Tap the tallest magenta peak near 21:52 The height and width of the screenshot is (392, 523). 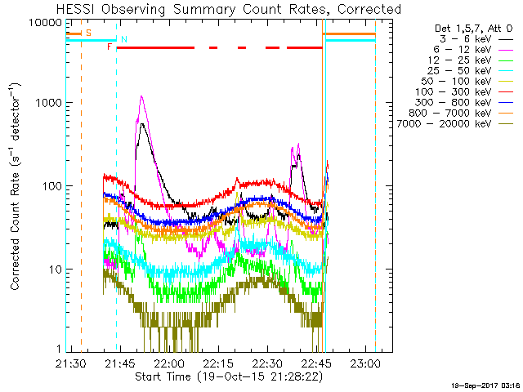click(x=142, y=97)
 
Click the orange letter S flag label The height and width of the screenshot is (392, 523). click(x=88, y=33)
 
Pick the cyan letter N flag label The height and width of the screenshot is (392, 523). click(x=123, y=39)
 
